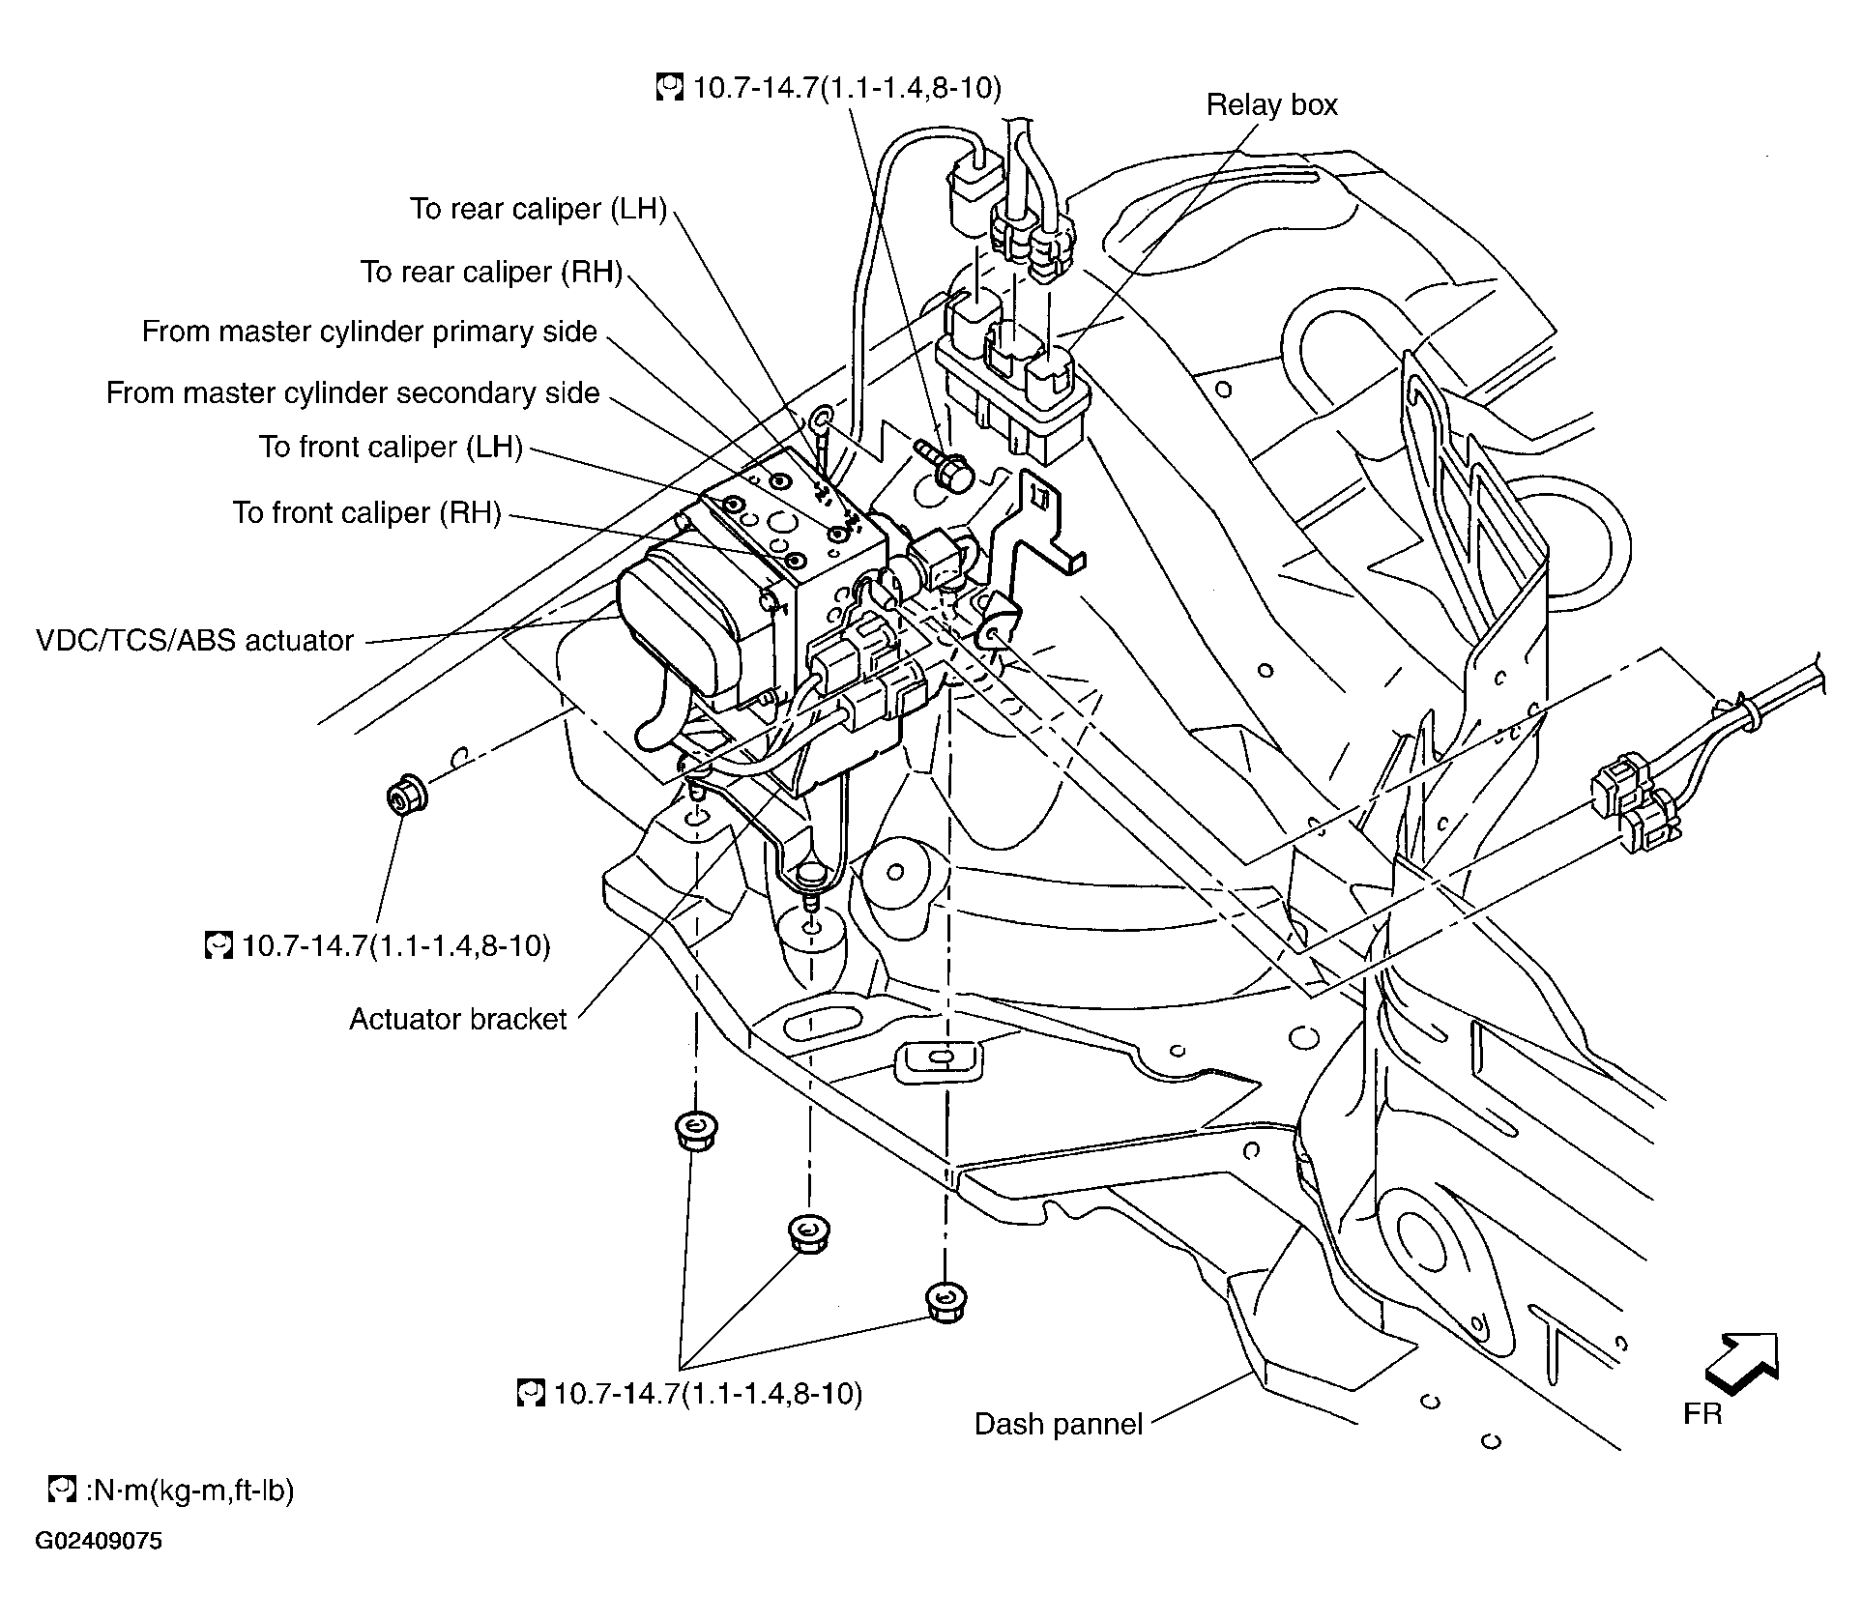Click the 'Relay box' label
1271,104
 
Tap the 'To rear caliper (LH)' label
538,209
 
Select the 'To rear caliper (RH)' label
491,272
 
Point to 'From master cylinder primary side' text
369,332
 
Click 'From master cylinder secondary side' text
353,392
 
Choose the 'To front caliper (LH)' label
391,447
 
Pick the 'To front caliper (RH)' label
366,512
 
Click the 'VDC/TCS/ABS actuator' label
195,640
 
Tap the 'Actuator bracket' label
457,1019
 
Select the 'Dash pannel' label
1059,1424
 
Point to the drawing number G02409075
100,1567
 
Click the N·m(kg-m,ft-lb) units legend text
189,1490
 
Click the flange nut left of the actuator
406,797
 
